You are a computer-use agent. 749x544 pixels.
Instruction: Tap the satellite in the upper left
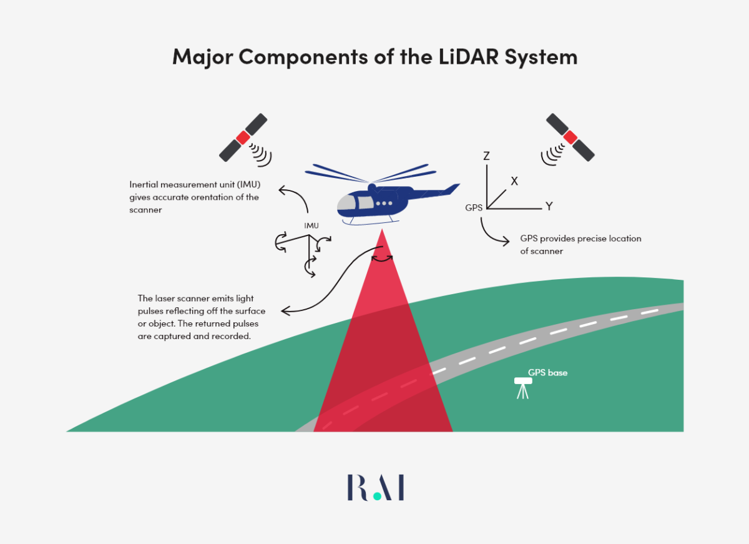pyautogui.click(x=243, y=137)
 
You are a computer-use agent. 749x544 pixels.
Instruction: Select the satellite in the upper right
pyautogui.click(x=570, y=137)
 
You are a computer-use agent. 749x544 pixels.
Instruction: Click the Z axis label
pyautogui.click(x=486, y=156)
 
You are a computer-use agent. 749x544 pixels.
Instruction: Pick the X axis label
pyautogui.click(x=514, y=181)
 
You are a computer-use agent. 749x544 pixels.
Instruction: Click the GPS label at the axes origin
pyautogui.click(x=474, y=208)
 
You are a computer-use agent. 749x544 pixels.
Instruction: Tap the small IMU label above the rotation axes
pyautogui.click(x=311, y=225)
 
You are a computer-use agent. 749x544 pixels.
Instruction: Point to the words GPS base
pyautogui.click(x=547, y=373)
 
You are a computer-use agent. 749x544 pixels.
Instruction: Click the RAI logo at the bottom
pyautogui.click(x=376, y=487)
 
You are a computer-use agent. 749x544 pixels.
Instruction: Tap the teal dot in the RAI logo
pyautogui.click(x=376, y=497)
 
